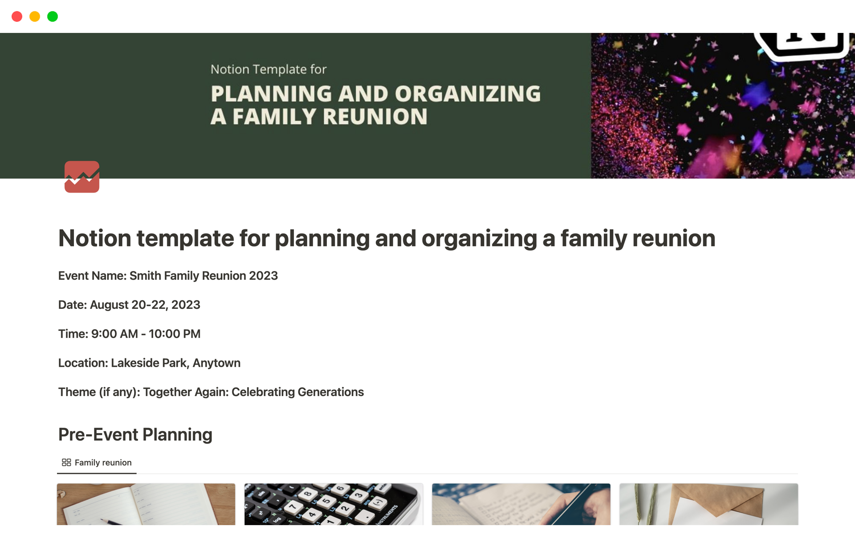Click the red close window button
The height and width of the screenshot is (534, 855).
(x=17, y=16)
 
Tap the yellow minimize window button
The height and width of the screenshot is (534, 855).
(x=35, y=16)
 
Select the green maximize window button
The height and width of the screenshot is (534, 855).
(x=53, y=16)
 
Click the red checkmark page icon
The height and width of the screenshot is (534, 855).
(x=82, y=177)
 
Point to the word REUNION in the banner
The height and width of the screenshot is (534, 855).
(x=375, y=117)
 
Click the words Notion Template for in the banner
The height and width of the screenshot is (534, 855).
(x=269, y=69)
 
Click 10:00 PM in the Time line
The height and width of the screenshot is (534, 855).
(x=175, y=334)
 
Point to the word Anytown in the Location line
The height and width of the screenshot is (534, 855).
(x=216, y=363)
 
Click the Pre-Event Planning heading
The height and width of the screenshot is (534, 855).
(x=135, y=434)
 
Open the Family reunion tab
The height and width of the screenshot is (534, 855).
(x=97, y=463)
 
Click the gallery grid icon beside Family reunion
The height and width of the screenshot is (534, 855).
(x=66, y=463)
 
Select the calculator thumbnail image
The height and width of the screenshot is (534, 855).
(x=334, y=504)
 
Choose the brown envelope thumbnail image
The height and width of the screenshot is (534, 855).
(x=708, y=504)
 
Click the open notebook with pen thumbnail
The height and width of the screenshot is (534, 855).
(x=146, y=504)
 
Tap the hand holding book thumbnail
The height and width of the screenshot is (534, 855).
(x=521, y=504)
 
